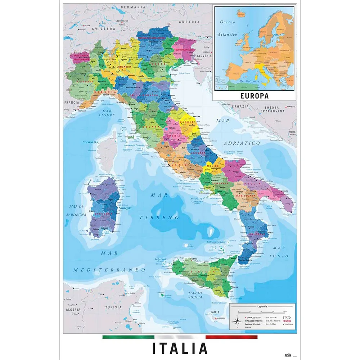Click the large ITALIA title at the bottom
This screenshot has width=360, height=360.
tap(180, 348)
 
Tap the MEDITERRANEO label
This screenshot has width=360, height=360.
tap(109, 270)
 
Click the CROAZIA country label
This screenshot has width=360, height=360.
tap(240, 107)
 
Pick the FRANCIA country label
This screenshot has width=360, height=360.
tap(72, 102)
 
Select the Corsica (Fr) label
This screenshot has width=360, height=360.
tap(91, 142)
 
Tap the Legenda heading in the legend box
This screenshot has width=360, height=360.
tap(262, 306)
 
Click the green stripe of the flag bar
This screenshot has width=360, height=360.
tap(128, 337)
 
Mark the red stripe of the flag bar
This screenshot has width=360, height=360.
tap(231, 337)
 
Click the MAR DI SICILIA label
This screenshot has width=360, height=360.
tap(195, 294)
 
